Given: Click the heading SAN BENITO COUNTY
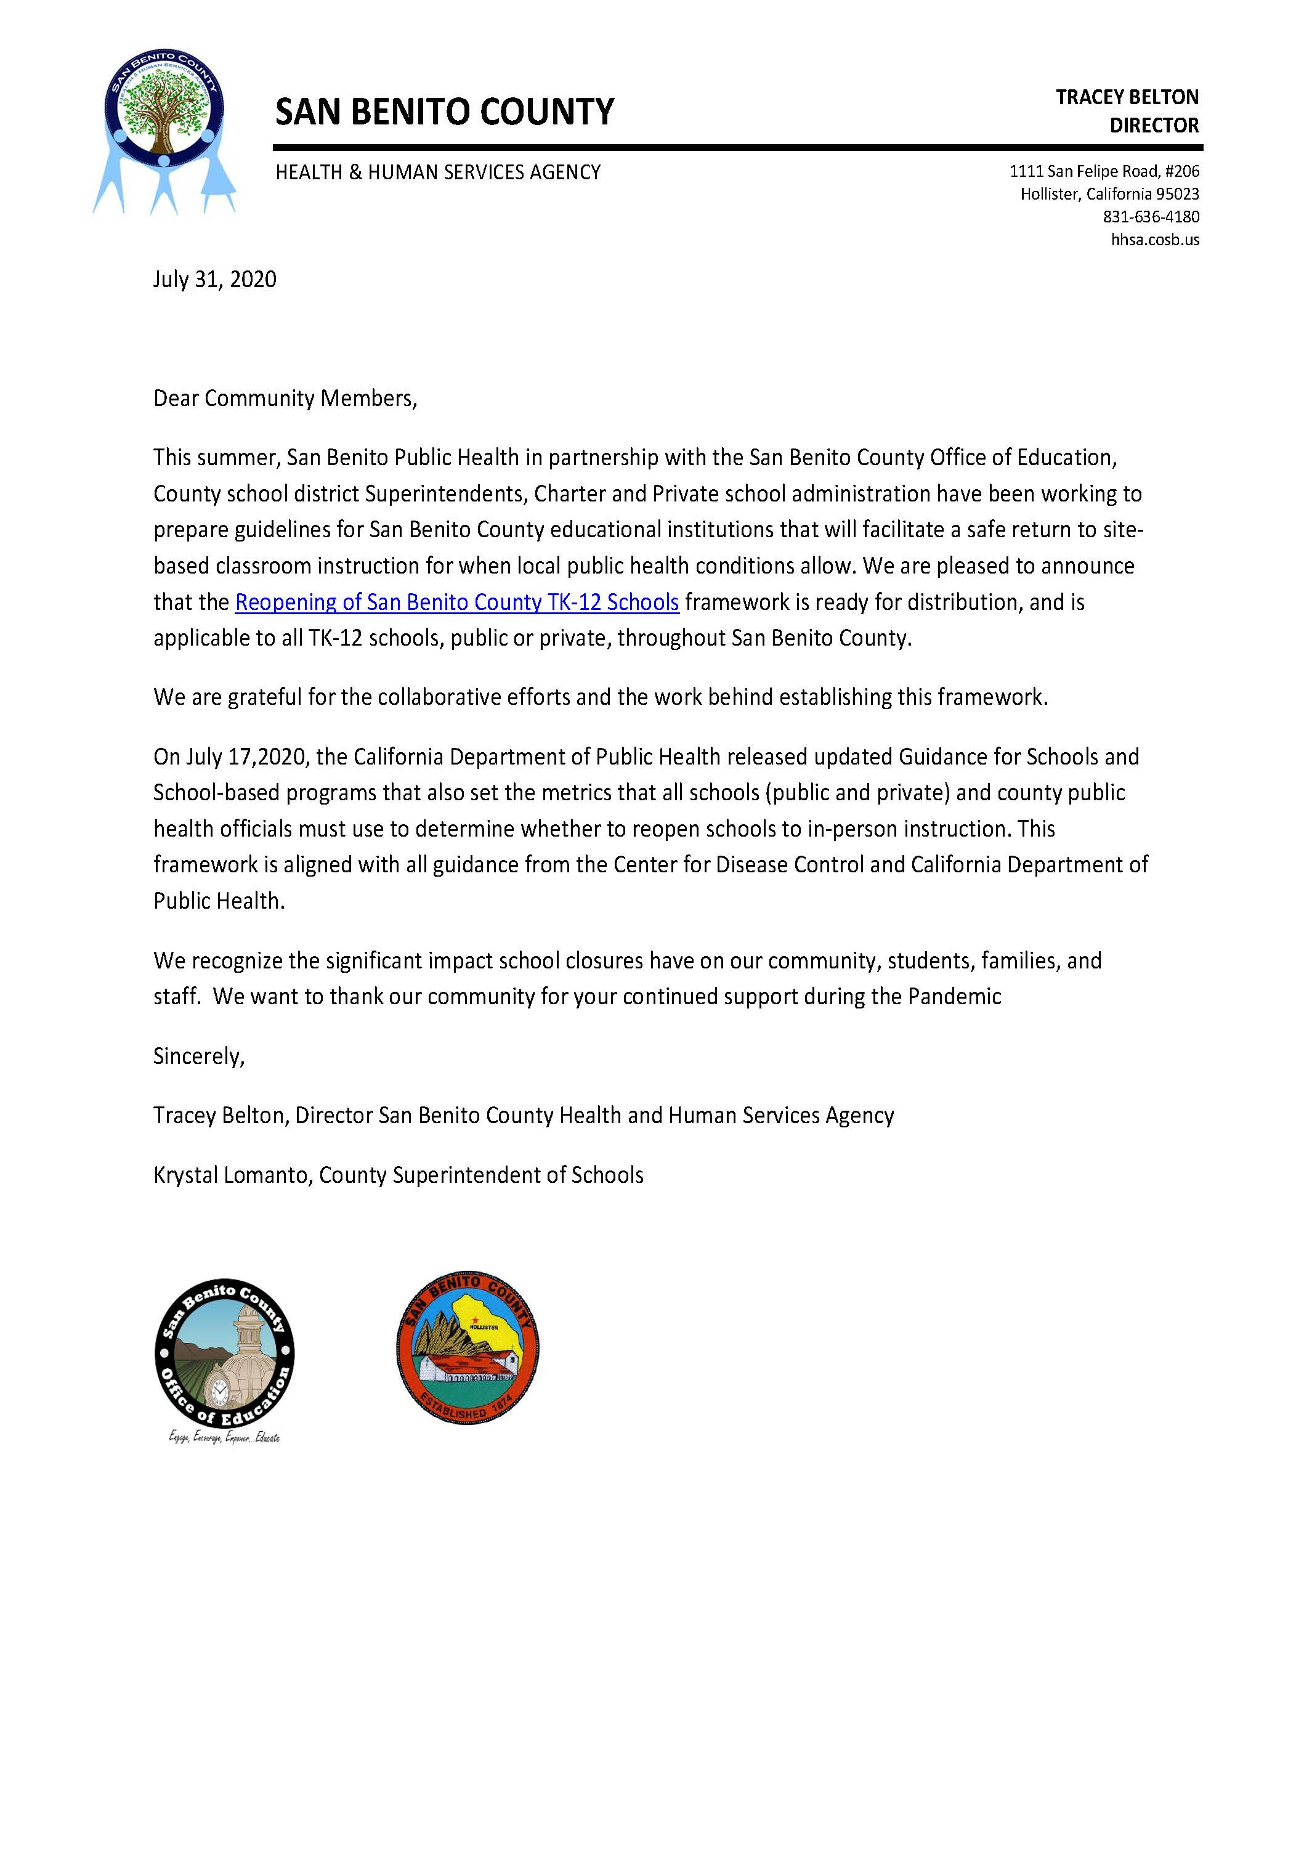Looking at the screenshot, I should (x=445, y=112).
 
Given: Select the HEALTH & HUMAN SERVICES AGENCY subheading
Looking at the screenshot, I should (x=438, y=172).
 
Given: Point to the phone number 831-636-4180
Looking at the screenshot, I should (x=1151, y=217).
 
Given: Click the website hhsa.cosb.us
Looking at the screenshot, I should (x=1155, y=239).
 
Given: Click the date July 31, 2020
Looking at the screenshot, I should (x=215, y=280).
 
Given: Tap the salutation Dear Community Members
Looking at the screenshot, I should (x=285, y=399).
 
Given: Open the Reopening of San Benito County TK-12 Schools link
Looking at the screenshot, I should (x=456, y=602).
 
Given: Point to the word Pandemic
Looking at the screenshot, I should (x=955, y=997).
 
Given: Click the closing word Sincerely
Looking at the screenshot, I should (x=198, y=1057).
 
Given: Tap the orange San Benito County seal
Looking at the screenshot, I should (x=467, y=1348).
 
